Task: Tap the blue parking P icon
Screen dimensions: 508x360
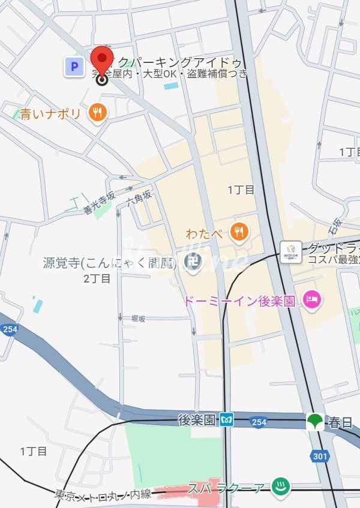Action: pos(74,67)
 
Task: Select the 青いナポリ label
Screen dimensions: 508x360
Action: pos(50,113)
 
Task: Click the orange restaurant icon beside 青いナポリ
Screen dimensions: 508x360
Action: pos(97,112)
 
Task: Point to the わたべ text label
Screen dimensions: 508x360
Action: pos(205,233)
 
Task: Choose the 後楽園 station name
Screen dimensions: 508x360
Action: pos(196,420)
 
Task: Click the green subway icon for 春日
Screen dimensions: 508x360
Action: pos(314,422)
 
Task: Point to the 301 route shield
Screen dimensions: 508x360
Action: pos(320,456)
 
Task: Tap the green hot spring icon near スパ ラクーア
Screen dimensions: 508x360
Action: pos(279,488)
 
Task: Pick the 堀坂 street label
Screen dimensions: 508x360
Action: pos(137,319)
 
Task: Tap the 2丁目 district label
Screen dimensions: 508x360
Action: pos(97,278)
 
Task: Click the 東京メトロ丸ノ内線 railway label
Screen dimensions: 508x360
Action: pos(102,494)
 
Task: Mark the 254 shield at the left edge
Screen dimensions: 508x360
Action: pos(8,329)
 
